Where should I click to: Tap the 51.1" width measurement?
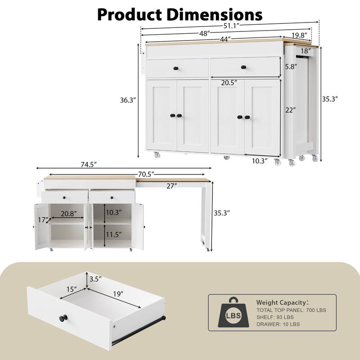point(229,24)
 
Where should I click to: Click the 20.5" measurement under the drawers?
point(230,83)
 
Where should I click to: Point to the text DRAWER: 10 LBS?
point(279,324)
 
